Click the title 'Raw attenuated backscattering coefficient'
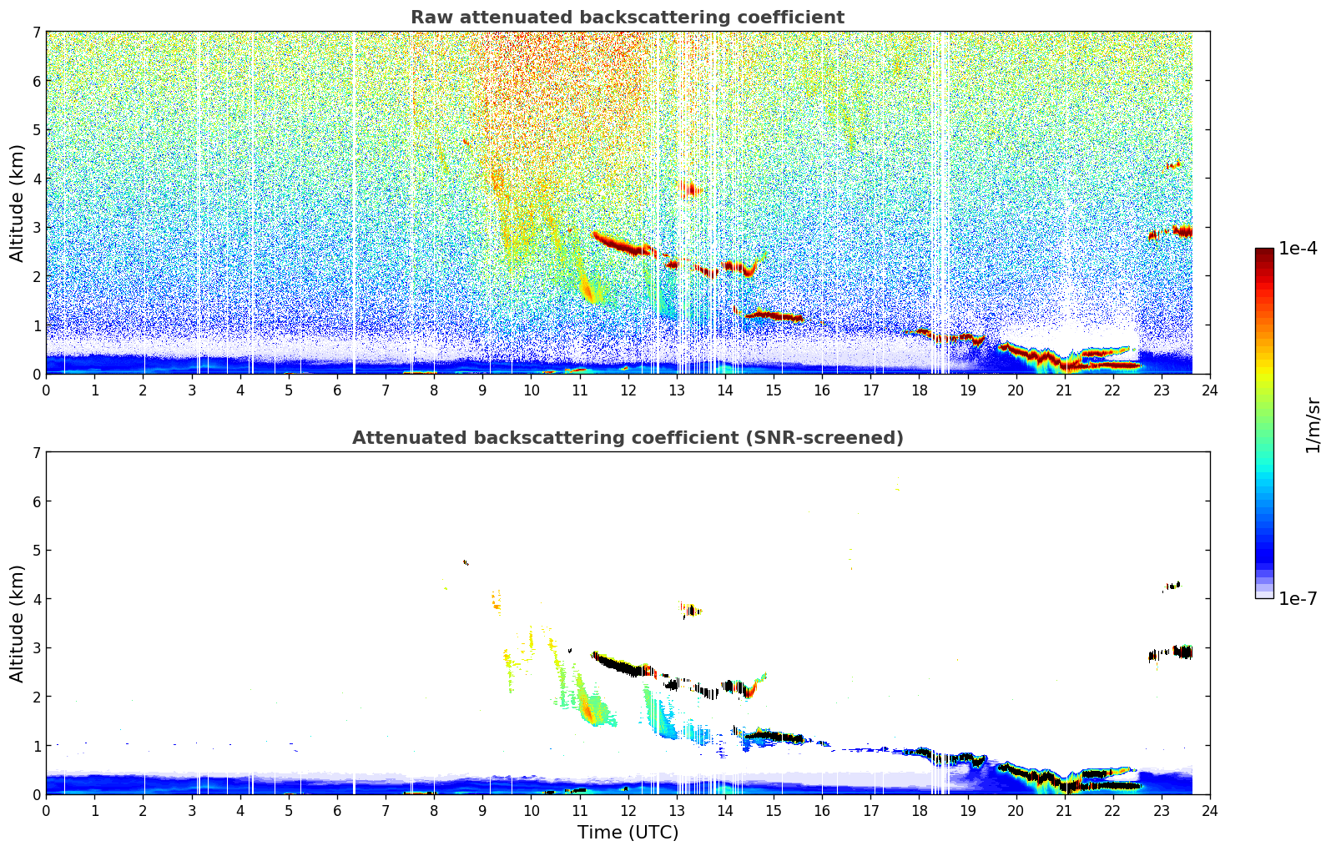(x=627, y=18)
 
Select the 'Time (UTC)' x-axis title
(x=628, y=833)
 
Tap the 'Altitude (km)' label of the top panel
(x=18, y=203)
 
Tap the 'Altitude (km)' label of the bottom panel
(x=18, y=623)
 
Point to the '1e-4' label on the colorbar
(x=1298, y=249)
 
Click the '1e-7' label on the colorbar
(x=1298, y=598)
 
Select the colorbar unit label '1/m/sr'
(x=1313, y=425)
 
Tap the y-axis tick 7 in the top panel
(x=36, y=33)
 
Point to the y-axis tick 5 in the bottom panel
(x=36, y=551)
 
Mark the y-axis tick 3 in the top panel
(x=36, y=228)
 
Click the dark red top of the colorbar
(x=1264, y=252)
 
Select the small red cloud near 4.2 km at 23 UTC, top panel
(x=1173, y=165)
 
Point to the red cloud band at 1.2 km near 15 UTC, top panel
(x=774, y=315)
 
